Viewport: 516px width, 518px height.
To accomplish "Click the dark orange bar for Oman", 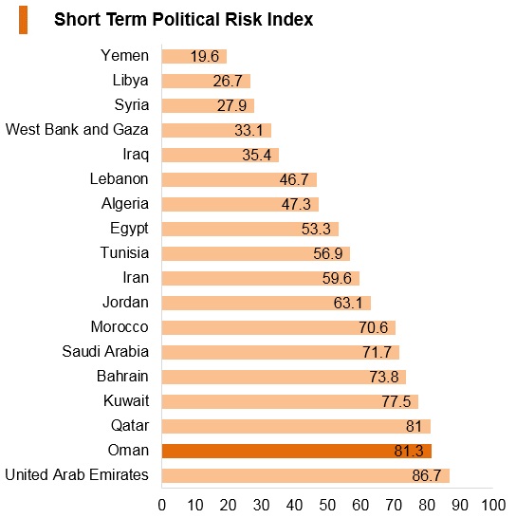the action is point(297,451).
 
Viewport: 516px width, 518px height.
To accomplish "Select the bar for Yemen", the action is point(194,56).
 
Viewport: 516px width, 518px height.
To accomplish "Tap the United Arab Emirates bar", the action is point(305,475).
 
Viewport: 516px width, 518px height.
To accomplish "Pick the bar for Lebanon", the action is point(239,179).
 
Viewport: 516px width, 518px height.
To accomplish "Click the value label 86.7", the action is point(427,475).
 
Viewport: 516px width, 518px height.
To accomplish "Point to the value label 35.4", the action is point(256,155).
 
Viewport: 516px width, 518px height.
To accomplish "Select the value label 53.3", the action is point(316,229).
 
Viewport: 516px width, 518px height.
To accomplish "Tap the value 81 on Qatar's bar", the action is point(414,426).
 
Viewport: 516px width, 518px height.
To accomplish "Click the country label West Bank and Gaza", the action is point(77,129).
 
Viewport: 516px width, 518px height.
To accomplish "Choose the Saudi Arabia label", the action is point(105,351).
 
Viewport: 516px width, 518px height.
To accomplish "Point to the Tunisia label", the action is point(124,252).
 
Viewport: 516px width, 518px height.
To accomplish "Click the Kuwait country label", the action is point(126,400).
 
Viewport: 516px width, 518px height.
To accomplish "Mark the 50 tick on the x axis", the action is point(327,505).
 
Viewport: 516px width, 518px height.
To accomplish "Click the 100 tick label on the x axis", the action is point(493,505).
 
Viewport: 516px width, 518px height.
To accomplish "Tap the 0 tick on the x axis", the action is point(162,505).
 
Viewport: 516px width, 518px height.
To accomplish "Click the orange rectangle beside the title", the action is point(23,20).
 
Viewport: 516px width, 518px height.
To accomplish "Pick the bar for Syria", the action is point(208,105).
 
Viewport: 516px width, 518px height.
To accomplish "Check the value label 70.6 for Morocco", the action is point(374,327).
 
